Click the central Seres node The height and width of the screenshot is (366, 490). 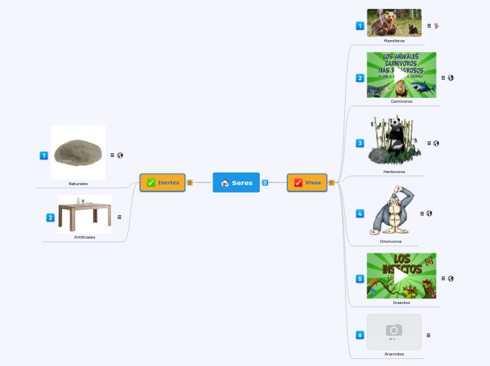[x=237, y=183]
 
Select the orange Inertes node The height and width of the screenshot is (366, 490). [x=163, y=182]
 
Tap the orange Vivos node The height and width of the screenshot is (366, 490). [x=307, y=182]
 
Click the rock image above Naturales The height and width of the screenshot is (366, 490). [x=78, y=152]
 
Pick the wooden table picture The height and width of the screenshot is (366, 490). [x=84, y=215]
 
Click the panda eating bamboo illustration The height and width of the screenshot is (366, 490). [x=394, y=141]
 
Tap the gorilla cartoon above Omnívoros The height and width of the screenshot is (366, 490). [x=393, y=210]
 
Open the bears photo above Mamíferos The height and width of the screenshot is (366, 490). [x=394, y=23]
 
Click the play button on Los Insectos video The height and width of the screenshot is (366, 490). [x=401, y=276]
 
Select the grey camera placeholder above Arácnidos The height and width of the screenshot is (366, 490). [x=394, y=331]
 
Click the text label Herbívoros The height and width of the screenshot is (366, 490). [x=394, y=172]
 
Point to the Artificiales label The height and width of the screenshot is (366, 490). [x=84, y=237]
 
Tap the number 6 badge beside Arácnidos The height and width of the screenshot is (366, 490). [x=360, y=335]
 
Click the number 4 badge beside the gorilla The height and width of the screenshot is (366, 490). [x=360, y=213]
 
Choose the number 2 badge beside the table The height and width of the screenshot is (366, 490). [x=50, y=217]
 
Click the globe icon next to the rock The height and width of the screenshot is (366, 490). [x=120, y=155]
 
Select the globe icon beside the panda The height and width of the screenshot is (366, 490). [x=436, y=143]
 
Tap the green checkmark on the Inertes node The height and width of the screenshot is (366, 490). [x=151, y=182]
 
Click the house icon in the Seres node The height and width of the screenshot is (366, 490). [x=225, y=183]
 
